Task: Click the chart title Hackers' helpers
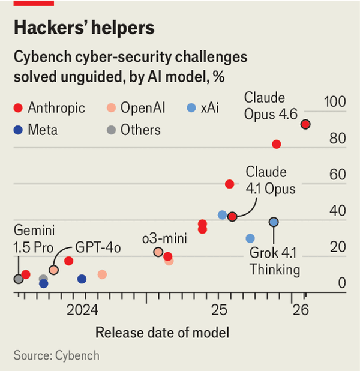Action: click(83, 28)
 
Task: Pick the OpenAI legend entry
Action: click(135, 108)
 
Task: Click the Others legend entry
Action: click(132, 130)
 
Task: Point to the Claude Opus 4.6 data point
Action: click(305, 124)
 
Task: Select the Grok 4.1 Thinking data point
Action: click(274, 222)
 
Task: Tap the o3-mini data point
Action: click(158, 252)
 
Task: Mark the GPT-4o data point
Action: click(53, 270)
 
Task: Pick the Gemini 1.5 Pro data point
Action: click(19, 279)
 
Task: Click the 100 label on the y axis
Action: click(335, 102)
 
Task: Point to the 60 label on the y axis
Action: click(337, 175)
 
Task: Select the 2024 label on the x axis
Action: click(82, 310)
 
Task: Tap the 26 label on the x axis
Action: click(301, 310)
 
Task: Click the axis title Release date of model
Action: click(162, 333)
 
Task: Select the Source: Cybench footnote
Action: click(56, 355)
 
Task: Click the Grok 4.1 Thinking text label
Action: click(275, 261)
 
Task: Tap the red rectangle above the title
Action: click(34, 3)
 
